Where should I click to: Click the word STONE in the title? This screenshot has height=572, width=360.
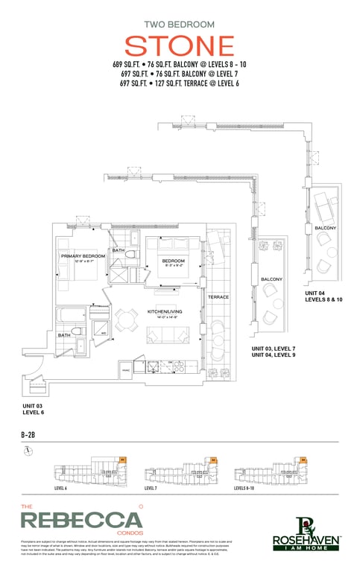(x=179, y=45)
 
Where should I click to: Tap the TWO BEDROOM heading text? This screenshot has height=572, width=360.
(x=179, y=23)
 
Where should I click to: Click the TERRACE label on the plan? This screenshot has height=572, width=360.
(x=218, y=297)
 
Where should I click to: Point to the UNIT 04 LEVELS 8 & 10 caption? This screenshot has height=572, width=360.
(x=323, y=296)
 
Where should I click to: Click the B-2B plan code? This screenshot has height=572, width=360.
(x=30, y=433)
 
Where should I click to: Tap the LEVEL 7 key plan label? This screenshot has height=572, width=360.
(x=151, y=488)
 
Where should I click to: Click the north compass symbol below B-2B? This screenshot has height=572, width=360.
(x=28, y=451)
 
